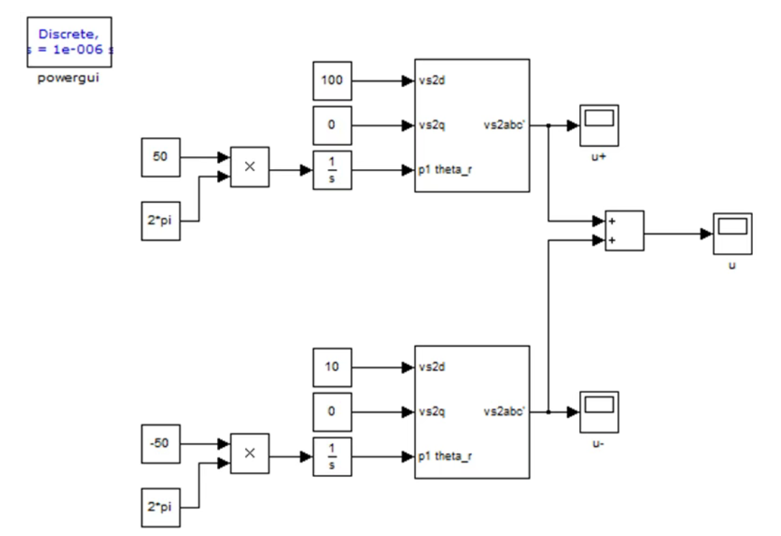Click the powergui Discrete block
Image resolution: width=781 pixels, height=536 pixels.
pos(69,42)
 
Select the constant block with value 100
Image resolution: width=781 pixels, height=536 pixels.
pos(332,81)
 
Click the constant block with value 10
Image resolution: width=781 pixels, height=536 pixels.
pos(332,368)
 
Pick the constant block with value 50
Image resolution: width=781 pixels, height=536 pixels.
pos(161,157)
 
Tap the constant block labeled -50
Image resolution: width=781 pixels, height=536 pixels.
pos(161,444)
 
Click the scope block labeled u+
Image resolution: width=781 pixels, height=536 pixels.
pos(599,125)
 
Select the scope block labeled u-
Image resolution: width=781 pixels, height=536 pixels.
pos(599,412)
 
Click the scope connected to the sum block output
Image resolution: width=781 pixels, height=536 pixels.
pos(733,233)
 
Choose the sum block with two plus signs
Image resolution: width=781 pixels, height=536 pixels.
pos(624,230)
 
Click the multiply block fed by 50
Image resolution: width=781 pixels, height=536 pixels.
pos(250,166)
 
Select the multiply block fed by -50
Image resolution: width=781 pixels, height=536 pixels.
pos(250,453)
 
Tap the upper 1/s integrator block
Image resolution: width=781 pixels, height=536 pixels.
pos(332,170)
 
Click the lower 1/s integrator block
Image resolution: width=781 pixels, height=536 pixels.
pos(332,457)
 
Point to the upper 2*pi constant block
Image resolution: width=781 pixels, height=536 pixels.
pos(161,221)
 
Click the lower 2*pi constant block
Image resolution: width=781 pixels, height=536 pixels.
pos(161,507)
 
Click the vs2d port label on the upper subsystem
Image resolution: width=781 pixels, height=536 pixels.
pos(432,81)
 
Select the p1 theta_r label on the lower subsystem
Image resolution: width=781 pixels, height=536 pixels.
pos(445,456)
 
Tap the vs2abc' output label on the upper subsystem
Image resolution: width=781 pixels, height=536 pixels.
pos(504,125)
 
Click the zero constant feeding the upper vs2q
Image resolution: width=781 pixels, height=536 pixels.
pos(332,125)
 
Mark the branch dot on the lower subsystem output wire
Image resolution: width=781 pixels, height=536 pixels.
pos(548,412)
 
